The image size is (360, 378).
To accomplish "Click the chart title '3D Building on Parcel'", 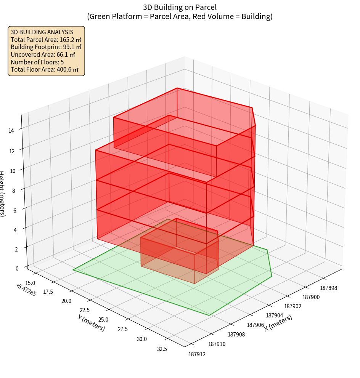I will tap(180, 7).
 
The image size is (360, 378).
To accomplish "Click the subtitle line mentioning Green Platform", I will tap(180, 16).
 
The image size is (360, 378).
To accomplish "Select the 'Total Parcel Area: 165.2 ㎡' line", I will tap(46, 39).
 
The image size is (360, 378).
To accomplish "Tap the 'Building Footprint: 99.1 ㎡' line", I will tap(46, 47).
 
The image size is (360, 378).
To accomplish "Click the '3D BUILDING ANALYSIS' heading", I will tap(42, 32).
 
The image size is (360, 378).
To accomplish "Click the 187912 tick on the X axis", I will tap(197, 354).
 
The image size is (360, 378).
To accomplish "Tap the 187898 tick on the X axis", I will tap(328, 288).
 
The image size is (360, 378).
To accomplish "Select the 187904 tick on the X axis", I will tap(274, 315).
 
